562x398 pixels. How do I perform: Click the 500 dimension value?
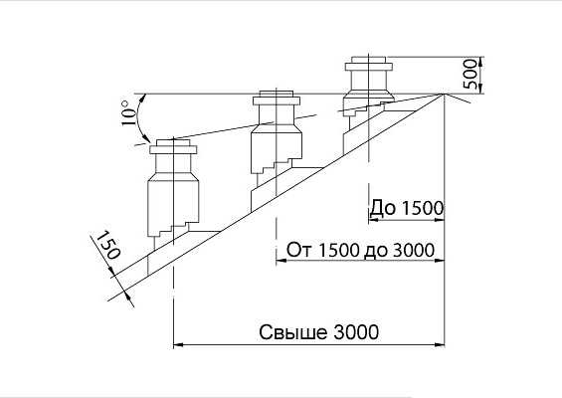pyautogui.click(x=470, y=75)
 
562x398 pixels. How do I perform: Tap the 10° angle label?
pyautogui.click(x=129, y=112)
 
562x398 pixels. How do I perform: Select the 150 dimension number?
pyautogui.click(x=108, y=245)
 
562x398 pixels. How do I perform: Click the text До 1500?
pyautogui.click(x=407, y=208)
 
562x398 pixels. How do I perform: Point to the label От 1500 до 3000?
pyautogui.click(x=360, y=250)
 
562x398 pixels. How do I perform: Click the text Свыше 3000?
pyautogui.click(x=318, y=331)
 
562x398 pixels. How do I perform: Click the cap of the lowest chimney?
pyautogui.click(x=173, y=147)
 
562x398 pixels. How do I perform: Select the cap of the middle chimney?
pyautogui.click(x=276, y=98)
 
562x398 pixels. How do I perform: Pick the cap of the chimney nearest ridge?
pyautogui.click(x=368, y=64)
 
